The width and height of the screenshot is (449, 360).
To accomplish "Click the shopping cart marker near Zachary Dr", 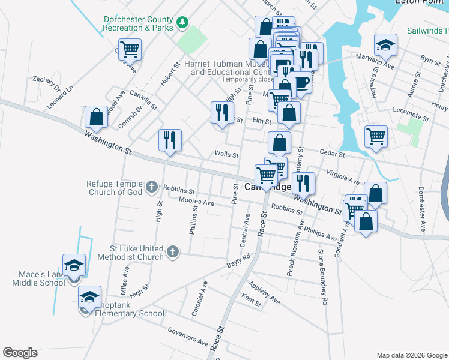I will [130, 50].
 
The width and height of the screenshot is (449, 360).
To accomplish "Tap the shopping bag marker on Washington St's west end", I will [96, 118].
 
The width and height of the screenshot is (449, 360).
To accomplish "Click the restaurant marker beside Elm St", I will [222, 112].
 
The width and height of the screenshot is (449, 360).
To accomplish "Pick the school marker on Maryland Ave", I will [385, 45].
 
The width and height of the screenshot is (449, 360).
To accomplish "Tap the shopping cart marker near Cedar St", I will [376, 136].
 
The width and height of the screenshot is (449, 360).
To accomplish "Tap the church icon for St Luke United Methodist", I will [173, 252].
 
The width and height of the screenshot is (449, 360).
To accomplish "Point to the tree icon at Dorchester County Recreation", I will [182, 23].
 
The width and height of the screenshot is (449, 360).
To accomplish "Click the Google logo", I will [20, 353].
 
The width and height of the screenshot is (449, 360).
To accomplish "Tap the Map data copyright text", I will [412, 355].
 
